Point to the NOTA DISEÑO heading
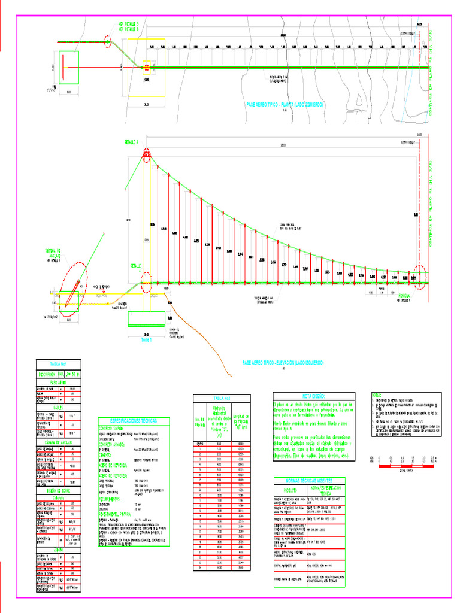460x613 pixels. point(314,396)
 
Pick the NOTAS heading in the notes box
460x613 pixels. point(377,395)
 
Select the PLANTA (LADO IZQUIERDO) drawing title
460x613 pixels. point(285,104)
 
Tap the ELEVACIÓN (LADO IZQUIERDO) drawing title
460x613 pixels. point(283,363)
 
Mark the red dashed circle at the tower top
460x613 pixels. point(146,157)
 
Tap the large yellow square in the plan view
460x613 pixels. point(146,67)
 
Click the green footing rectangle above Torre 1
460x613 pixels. point(146,319)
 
